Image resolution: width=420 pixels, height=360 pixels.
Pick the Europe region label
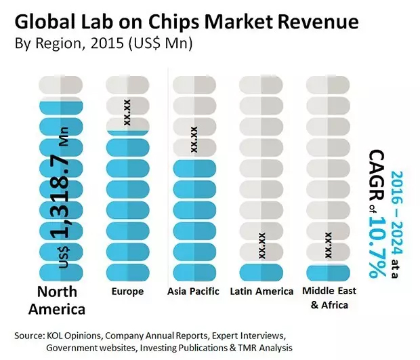[126, 292]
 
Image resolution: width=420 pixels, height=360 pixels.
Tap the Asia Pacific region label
[194, 292]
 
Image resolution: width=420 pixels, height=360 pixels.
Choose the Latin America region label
[261, 292]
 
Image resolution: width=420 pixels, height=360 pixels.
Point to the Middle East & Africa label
[328, 298]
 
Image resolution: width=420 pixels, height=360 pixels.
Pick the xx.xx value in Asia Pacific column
[194, 139]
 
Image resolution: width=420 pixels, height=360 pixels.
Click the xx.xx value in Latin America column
[261, 245]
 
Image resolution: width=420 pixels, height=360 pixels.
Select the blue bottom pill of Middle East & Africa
[328, 272]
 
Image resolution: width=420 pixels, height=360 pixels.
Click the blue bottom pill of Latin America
[261, 272]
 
